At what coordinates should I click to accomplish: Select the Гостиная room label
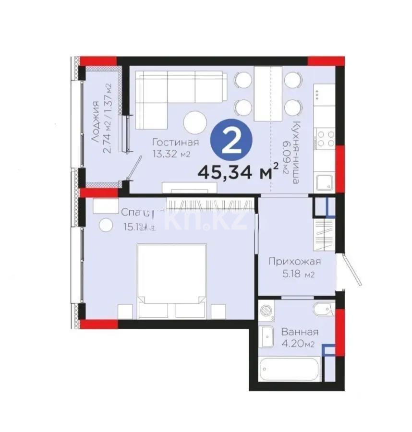[175, 143]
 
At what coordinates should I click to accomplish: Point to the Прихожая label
[294, 262]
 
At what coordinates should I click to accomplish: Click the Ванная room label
[300, 332]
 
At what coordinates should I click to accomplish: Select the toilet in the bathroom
[321, 310]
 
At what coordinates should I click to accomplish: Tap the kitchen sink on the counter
[323, 182]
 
